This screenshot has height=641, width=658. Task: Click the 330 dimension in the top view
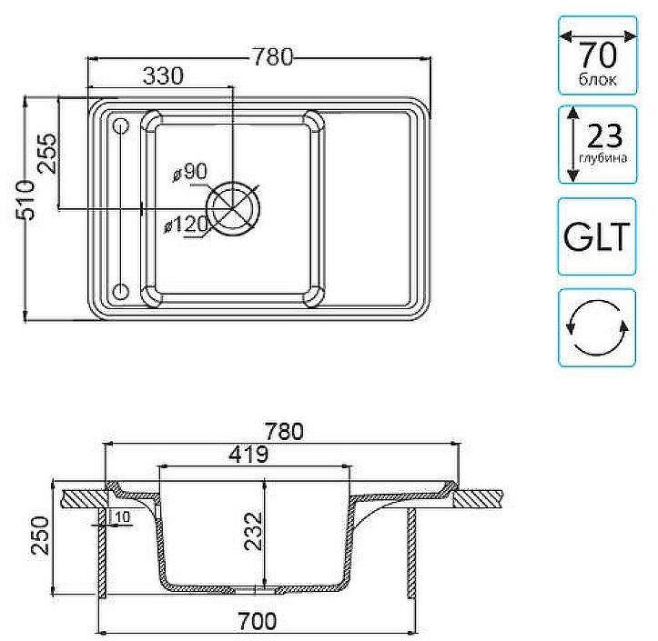[164, 76]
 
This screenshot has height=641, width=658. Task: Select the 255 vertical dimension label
[46, 154]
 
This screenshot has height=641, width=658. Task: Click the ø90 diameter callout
[188, 171]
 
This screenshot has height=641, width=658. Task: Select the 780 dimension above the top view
[273, 56]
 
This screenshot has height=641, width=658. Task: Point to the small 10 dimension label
[122, 517]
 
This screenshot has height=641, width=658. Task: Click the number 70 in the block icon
[596, 55]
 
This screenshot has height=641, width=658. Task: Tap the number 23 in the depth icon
[603, 136]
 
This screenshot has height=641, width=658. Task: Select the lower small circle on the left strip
[120, 291]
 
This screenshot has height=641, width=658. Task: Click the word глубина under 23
[602, 160]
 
